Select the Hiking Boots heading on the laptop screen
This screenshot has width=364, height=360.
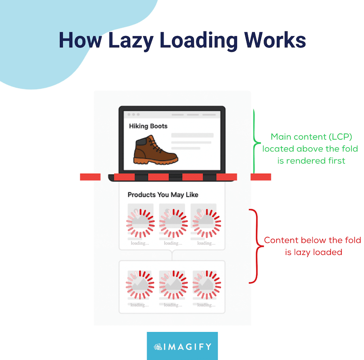tap(148, 126)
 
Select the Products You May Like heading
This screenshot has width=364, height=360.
tap(162, 195)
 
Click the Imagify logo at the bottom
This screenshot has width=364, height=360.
tap(182, 346)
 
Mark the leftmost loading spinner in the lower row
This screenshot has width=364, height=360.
tap(140, 285)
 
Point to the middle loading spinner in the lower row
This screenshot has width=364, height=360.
tap(173, 285)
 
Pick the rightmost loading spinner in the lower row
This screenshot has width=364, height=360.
tap(206, 285)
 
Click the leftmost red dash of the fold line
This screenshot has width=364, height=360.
tap(90, 177)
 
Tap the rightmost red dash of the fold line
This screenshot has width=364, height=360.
tap(261, 177)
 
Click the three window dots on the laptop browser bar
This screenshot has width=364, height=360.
tap(134, 115)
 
